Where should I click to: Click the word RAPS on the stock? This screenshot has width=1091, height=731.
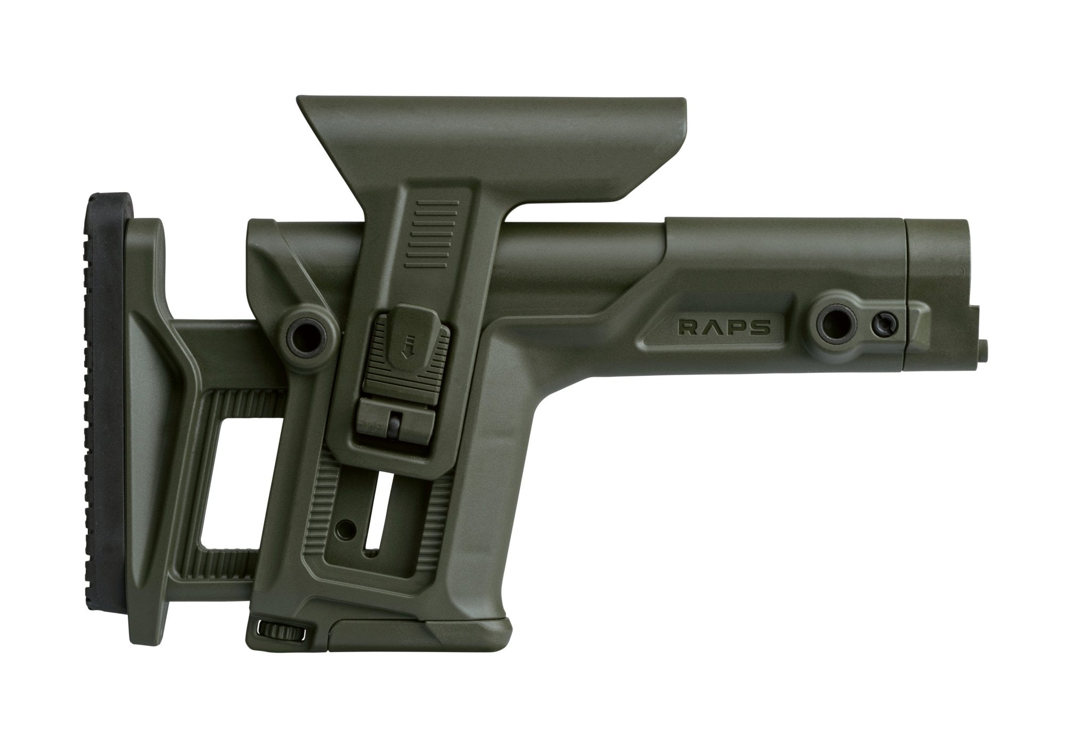(724, 327)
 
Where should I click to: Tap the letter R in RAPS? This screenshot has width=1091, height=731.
(686, 327)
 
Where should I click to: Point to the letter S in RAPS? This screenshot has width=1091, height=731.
(762, 327)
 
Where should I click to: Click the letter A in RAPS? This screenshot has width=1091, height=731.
(711, 327)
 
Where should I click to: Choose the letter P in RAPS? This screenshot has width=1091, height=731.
(737, 327)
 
